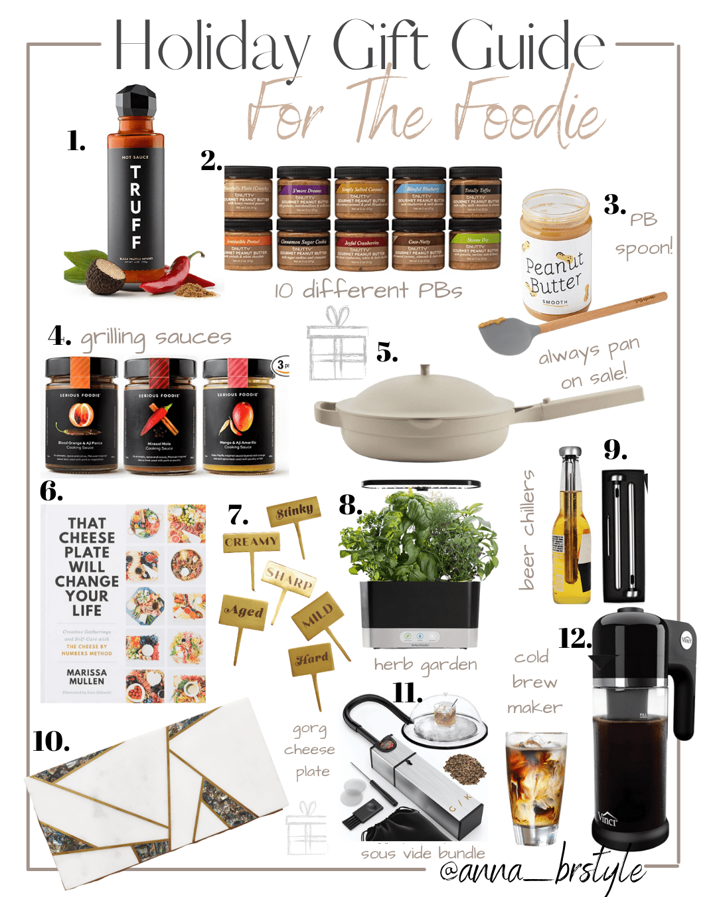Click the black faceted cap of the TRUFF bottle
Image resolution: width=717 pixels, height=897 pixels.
click(x=135, y=102)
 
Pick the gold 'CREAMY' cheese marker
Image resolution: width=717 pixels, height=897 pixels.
click(x=251, y=542)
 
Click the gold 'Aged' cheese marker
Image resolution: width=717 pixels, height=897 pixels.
click(x=244, y=612)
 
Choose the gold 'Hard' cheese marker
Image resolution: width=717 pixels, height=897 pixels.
click(x=312, y=658)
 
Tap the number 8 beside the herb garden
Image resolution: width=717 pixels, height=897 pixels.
click(x=351, y=506)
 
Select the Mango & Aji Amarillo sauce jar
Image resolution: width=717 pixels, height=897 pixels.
click(x=238, y=415)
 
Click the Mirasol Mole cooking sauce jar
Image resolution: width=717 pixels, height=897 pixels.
click(x=159, y=415)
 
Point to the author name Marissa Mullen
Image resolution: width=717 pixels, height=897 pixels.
click(x=87, y=676)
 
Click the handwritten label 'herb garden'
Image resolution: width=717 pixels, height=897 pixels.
click(x=425, y=665)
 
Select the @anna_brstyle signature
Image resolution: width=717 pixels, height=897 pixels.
click(x=541, y=870)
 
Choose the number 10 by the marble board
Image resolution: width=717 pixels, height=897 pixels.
click(x=51, y=742)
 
